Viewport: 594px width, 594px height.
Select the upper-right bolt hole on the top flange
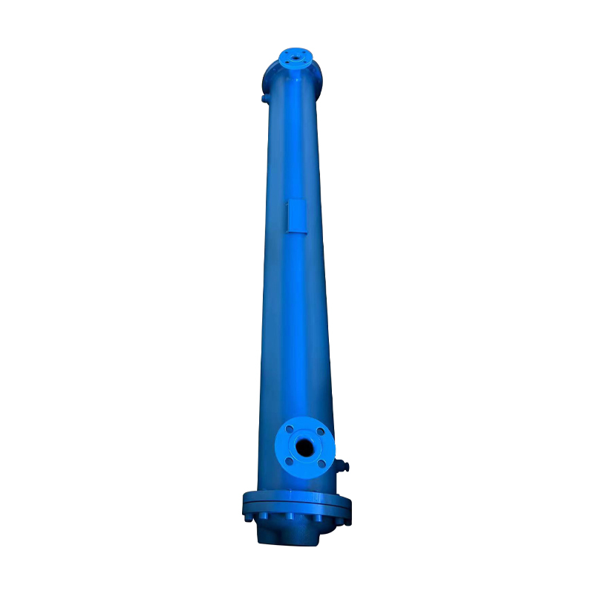[x=304, y=52]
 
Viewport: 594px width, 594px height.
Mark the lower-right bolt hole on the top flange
[x=304, y=61]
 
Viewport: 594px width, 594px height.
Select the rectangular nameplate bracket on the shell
[x=296, y=215]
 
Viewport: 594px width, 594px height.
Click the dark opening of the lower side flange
[x=304, y=447]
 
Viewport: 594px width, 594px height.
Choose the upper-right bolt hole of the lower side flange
[x=320, y=431]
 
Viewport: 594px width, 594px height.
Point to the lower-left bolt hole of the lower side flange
[x=290, y=462]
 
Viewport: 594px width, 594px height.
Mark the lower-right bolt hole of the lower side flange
[x=321, y=463]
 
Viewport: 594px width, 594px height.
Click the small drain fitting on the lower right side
[x=343, y=467]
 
